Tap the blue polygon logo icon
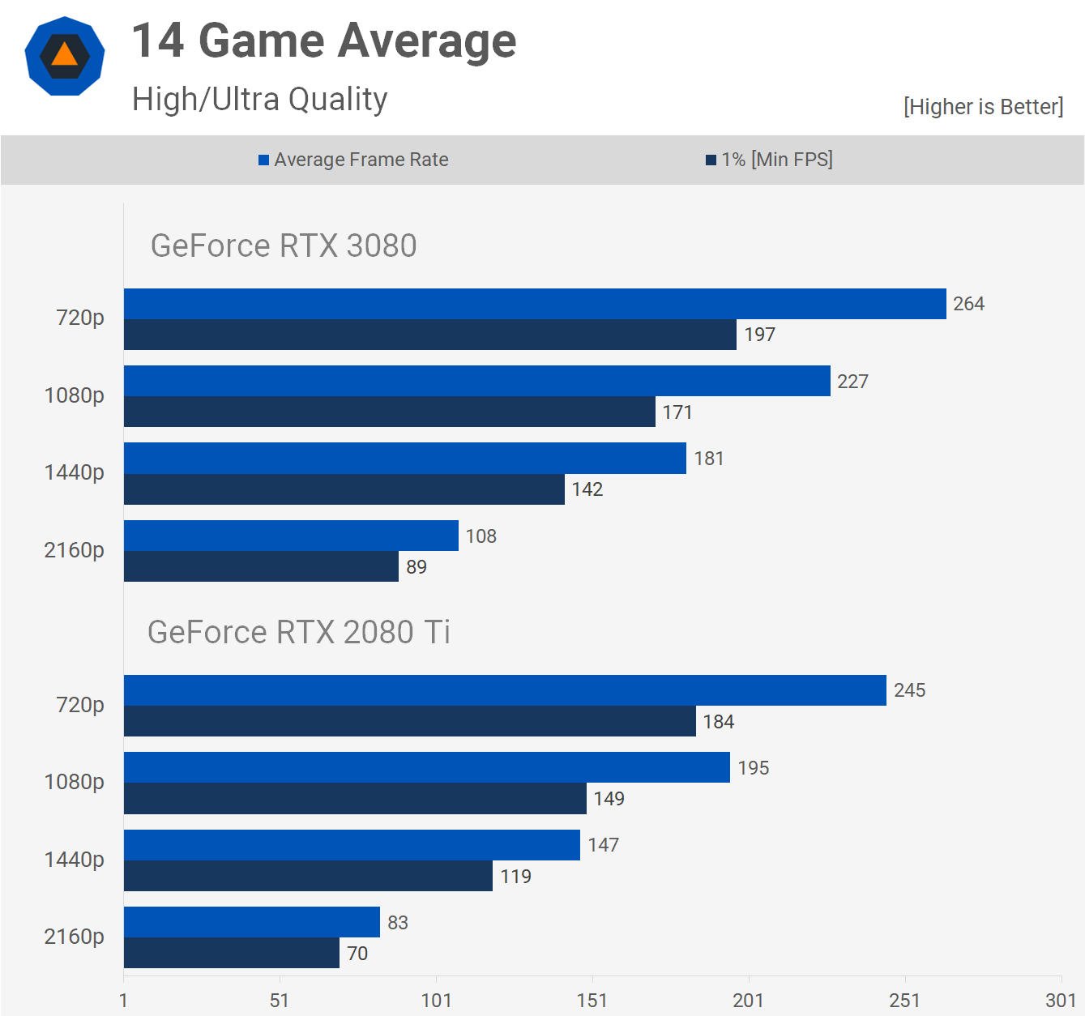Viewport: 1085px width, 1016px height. (x=65, y=56)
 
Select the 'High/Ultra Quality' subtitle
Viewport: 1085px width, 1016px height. (x=259, y=100)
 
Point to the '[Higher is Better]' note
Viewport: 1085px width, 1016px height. (x=983, y=107)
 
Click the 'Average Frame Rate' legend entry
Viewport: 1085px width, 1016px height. (x=353, y=160)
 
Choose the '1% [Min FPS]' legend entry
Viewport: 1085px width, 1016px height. (x=769, y=160)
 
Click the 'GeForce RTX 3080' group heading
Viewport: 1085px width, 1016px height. (x=284, y=245)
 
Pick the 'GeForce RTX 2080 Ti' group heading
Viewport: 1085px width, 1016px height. (x=298, y=632)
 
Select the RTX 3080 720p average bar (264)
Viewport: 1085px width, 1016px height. (x=535, y=304)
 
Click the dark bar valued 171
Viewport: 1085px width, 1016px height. (x=389, y=412)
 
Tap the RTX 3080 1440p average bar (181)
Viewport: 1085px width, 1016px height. (x=405, y=458)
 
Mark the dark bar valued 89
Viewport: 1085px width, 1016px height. (x=261, y=566)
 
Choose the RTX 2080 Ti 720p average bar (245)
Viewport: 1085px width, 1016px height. (x=505, y=690)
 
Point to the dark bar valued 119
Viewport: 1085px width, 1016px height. (x=308, y=876)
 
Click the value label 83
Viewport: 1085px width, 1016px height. (x=398, y=923)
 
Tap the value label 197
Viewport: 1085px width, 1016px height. (x=760, y=335)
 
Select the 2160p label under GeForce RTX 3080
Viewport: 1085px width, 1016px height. (x=74, y=550)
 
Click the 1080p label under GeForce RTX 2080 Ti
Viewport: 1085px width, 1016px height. (x=74, y=782)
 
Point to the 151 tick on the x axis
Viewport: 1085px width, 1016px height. (x=592, y=1001)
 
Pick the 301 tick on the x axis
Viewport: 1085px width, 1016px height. (x=1061, y=1001)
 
